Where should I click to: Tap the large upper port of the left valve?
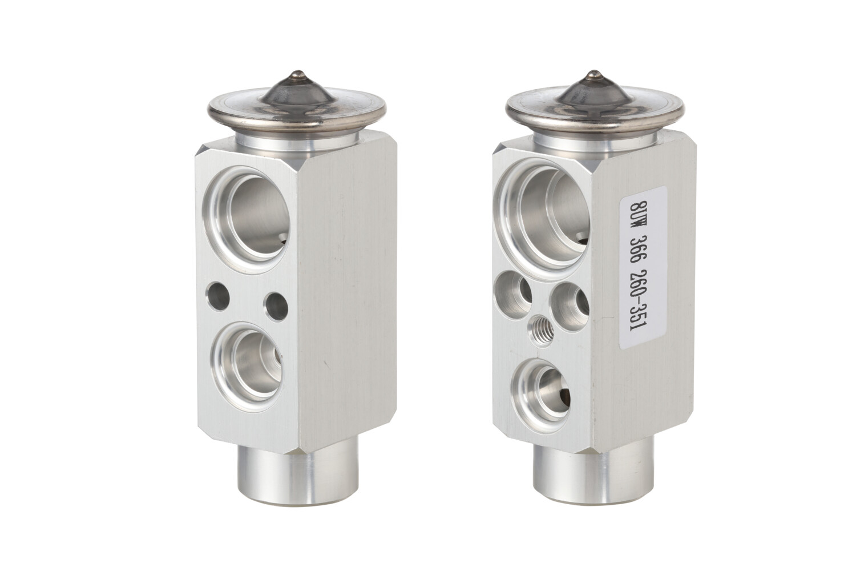pyautogui.click(x=250, y=219)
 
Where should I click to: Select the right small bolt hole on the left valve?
pyautogui.click(x=277, y=306)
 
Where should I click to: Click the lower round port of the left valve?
pyautogui.click(x=248, y=367)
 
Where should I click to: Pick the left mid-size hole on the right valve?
pyautogui.click(x=513, y=295)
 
